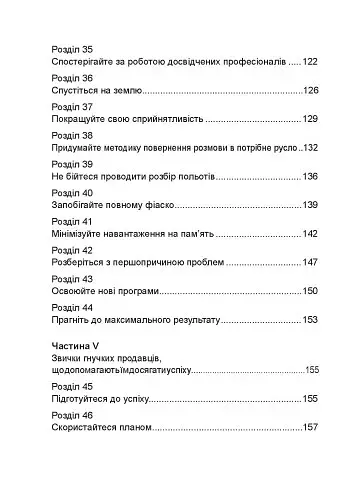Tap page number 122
(307, 61)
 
